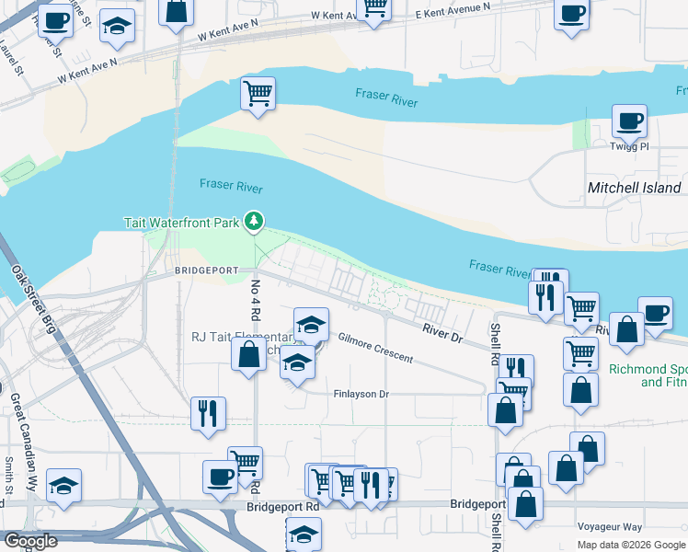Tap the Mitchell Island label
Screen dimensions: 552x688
point(634,188)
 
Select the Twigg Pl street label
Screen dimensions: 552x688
point(630,146)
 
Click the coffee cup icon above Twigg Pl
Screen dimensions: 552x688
point(630,121)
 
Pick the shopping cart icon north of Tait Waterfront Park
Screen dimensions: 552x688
point(258,93)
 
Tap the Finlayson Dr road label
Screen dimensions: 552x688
point(361,393)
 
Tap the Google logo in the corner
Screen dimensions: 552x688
point(29,541)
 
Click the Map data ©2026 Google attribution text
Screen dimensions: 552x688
point(630,545)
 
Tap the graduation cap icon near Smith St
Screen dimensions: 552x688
point(63,486)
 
